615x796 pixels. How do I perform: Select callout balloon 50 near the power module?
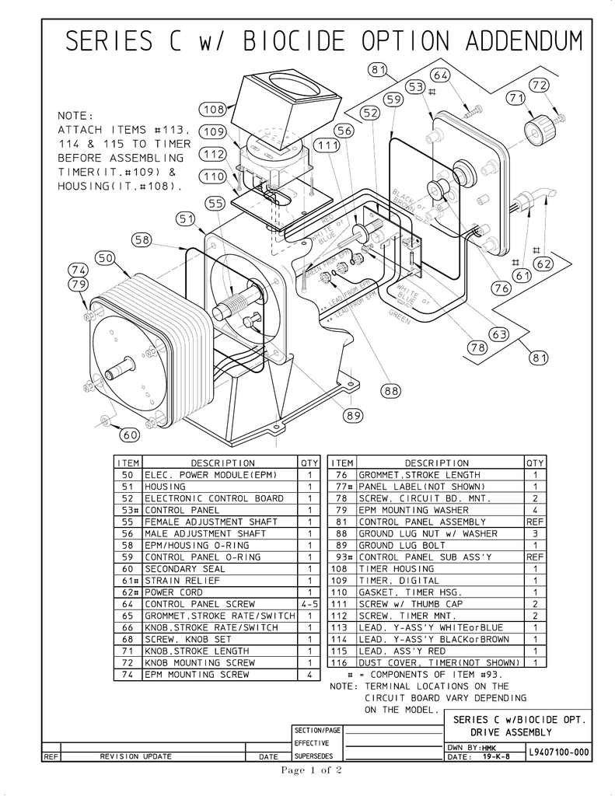coord(106,258)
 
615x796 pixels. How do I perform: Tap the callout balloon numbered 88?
coord(391,390)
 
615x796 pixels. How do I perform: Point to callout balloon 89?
coord(355,416)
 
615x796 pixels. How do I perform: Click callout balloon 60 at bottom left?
coord(129,435)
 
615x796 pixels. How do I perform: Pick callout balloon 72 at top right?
coord(539,85)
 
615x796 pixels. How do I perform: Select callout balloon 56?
coord(344,131)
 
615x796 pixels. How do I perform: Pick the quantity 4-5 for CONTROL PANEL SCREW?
coord(309,604)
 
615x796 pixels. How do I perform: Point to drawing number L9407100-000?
coord(557,752)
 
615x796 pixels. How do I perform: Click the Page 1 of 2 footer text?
coord(312,771)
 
